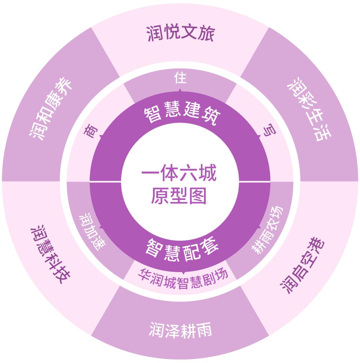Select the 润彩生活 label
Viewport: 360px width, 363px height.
coord(309,109)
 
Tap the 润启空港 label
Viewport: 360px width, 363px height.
coord(302,265)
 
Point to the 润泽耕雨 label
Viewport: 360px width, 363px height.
coord(180,330)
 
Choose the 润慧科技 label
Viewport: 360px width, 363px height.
coord(50,254)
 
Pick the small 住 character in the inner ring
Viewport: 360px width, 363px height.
coord(180,78)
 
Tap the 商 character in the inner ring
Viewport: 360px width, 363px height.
coord(91,131)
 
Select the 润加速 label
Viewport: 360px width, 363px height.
coord(92,232)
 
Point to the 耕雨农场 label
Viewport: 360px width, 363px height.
coord(267,230)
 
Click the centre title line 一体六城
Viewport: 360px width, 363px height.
coord(179,173)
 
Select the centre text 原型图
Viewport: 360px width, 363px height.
coord(178,196)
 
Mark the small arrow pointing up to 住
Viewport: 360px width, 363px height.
coord(180,90)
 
